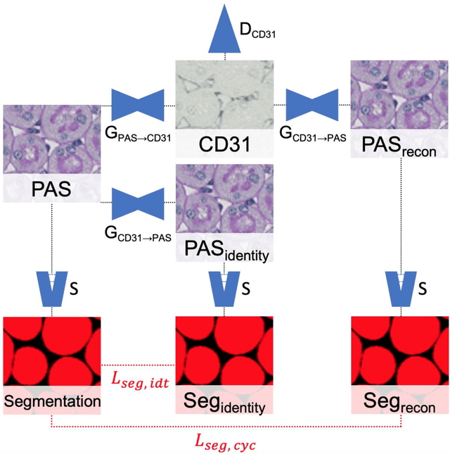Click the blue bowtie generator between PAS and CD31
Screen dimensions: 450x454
point(143,105)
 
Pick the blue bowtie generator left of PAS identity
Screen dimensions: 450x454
point(143,203)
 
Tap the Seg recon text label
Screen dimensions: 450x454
point(400,403)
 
